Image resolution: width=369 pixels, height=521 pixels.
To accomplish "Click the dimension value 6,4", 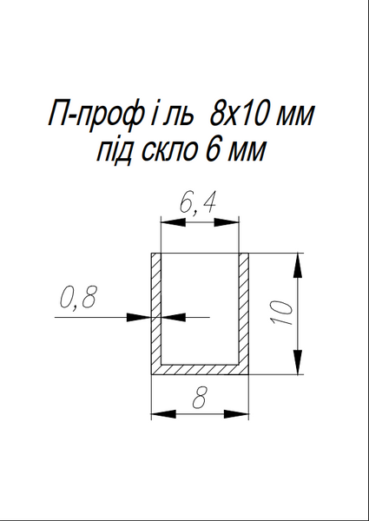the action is (198, 203).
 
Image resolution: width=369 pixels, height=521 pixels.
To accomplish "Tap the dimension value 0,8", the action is (78, 297).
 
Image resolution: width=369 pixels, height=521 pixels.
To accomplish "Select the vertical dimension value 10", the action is (282, 313).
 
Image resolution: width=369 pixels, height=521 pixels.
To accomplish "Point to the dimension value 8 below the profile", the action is (200, 398).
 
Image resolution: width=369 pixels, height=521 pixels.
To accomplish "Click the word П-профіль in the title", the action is (122, 115).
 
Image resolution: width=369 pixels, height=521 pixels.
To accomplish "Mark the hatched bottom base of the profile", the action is (200, 369).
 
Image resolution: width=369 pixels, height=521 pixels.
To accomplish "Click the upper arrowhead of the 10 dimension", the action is (299, 265).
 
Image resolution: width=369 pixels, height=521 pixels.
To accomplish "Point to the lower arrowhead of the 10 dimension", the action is (299, 362).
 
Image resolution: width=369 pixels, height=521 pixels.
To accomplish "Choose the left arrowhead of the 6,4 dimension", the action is (173, 222).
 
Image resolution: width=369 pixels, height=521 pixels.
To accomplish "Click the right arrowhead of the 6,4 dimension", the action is (227, 222).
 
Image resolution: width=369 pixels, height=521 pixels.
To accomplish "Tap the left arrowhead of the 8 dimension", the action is (163, 414).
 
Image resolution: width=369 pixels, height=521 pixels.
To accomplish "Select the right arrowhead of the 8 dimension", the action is (236, 414).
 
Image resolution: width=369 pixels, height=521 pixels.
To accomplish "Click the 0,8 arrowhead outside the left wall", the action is (139, 317).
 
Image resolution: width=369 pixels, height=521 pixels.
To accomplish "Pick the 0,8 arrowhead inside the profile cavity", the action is (173, 317).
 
